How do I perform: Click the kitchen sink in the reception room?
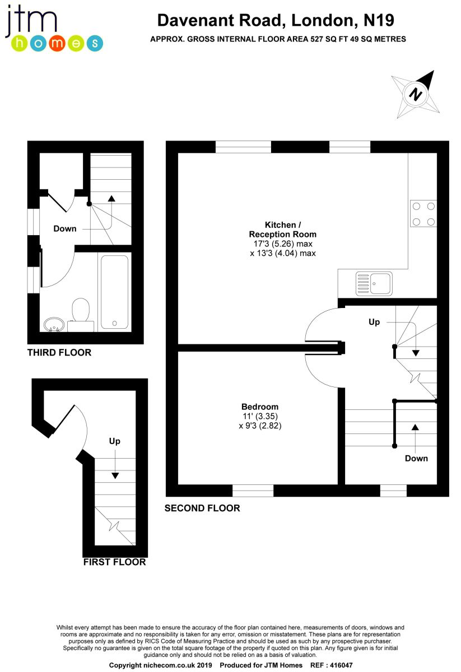pos(374,283)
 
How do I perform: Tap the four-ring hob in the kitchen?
pos(423,213)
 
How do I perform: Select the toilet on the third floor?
pos(81,314)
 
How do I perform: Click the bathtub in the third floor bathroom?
pos(114,292)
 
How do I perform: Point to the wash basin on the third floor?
pos(54,325)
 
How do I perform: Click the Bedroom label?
pos(260,407)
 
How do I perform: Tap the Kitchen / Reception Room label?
pos(283,230)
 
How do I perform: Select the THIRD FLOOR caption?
pos(59,352)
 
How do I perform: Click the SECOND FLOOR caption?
pos(202,508)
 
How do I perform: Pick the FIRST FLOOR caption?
pos(114,562)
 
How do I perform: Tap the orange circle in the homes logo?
pos(57,44)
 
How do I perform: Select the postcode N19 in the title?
pos(379,20)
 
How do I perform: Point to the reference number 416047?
pos(341,665)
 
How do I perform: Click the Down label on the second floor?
pos(416,458)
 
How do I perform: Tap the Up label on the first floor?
pos(115,441)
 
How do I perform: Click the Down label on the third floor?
pos(65,228)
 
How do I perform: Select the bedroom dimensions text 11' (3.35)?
pos(260,416)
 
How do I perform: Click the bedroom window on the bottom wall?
pos(253,490)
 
